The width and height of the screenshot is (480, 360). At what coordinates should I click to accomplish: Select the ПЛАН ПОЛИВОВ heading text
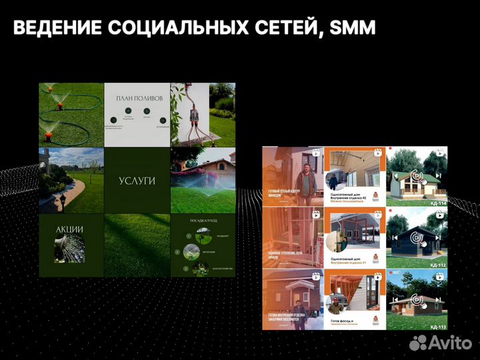(139, 98)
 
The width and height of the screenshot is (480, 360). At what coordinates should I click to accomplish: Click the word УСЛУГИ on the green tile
(137, 181)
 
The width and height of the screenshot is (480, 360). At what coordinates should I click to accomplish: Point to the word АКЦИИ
(70, 229)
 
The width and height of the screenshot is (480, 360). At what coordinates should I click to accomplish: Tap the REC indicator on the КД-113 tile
(397, 272)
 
